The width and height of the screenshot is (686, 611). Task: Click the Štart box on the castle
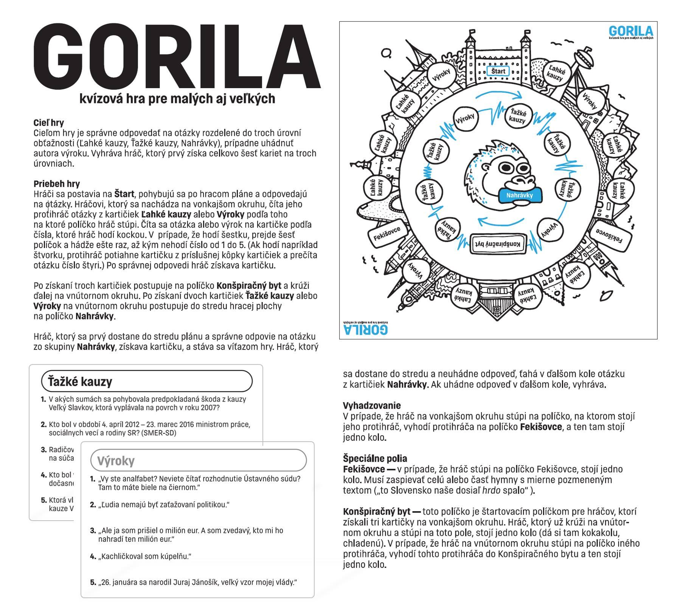click(x=498, y=71)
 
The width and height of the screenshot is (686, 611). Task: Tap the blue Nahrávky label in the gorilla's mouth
click(x=519, y=195)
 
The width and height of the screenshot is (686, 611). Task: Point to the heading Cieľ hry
click(x=48, y=123)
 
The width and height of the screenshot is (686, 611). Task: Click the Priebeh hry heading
click(x=57, y=184)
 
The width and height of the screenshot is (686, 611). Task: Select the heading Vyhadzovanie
click(x=371, y=406)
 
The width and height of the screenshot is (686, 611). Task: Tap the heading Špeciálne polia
click(x=375, y=459)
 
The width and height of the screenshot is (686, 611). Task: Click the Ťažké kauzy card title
click(x=80, y=381)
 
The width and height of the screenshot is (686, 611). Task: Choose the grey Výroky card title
click(x=116, y=461)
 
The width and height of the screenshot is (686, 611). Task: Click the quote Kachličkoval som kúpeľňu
click(x=145, y=557)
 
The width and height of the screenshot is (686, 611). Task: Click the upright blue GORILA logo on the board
click(x=631, y=31)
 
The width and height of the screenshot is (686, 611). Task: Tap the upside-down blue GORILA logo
click(x=366, y=329)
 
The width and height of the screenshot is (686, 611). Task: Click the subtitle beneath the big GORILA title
click(x=177, y=99)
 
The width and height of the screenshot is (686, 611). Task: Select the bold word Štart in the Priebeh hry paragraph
click(x=124, y=194)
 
